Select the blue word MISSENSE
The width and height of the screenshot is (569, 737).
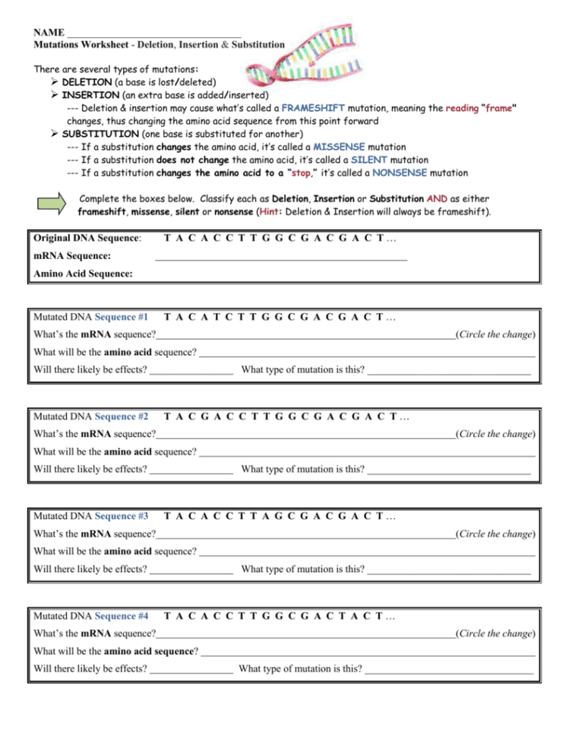(340, 147)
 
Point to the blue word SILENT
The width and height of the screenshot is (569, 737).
(368, 160)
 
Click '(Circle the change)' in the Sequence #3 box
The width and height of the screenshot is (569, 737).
(495, 534)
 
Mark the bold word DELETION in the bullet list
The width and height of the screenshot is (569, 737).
(86, 82)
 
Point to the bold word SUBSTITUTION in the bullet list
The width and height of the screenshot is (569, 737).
(95, 134)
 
